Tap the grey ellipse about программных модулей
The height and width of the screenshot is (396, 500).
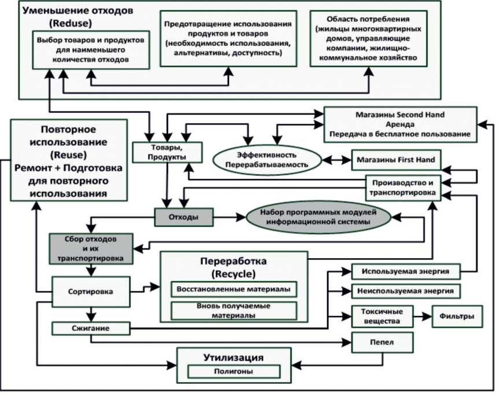tap(316, 218)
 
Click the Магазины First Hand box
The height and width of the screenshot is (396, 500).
tap(393, 159)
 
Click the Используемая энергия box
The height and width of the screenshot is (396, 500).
tap(406, 271)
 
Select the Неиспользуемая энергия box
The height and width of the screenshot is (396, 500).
tap(406, 290)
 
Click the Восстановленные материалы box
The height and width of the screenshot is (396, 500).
tap(234, 288)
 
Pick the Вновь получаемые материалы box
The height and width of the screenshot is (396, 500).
tap(234, 310)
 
